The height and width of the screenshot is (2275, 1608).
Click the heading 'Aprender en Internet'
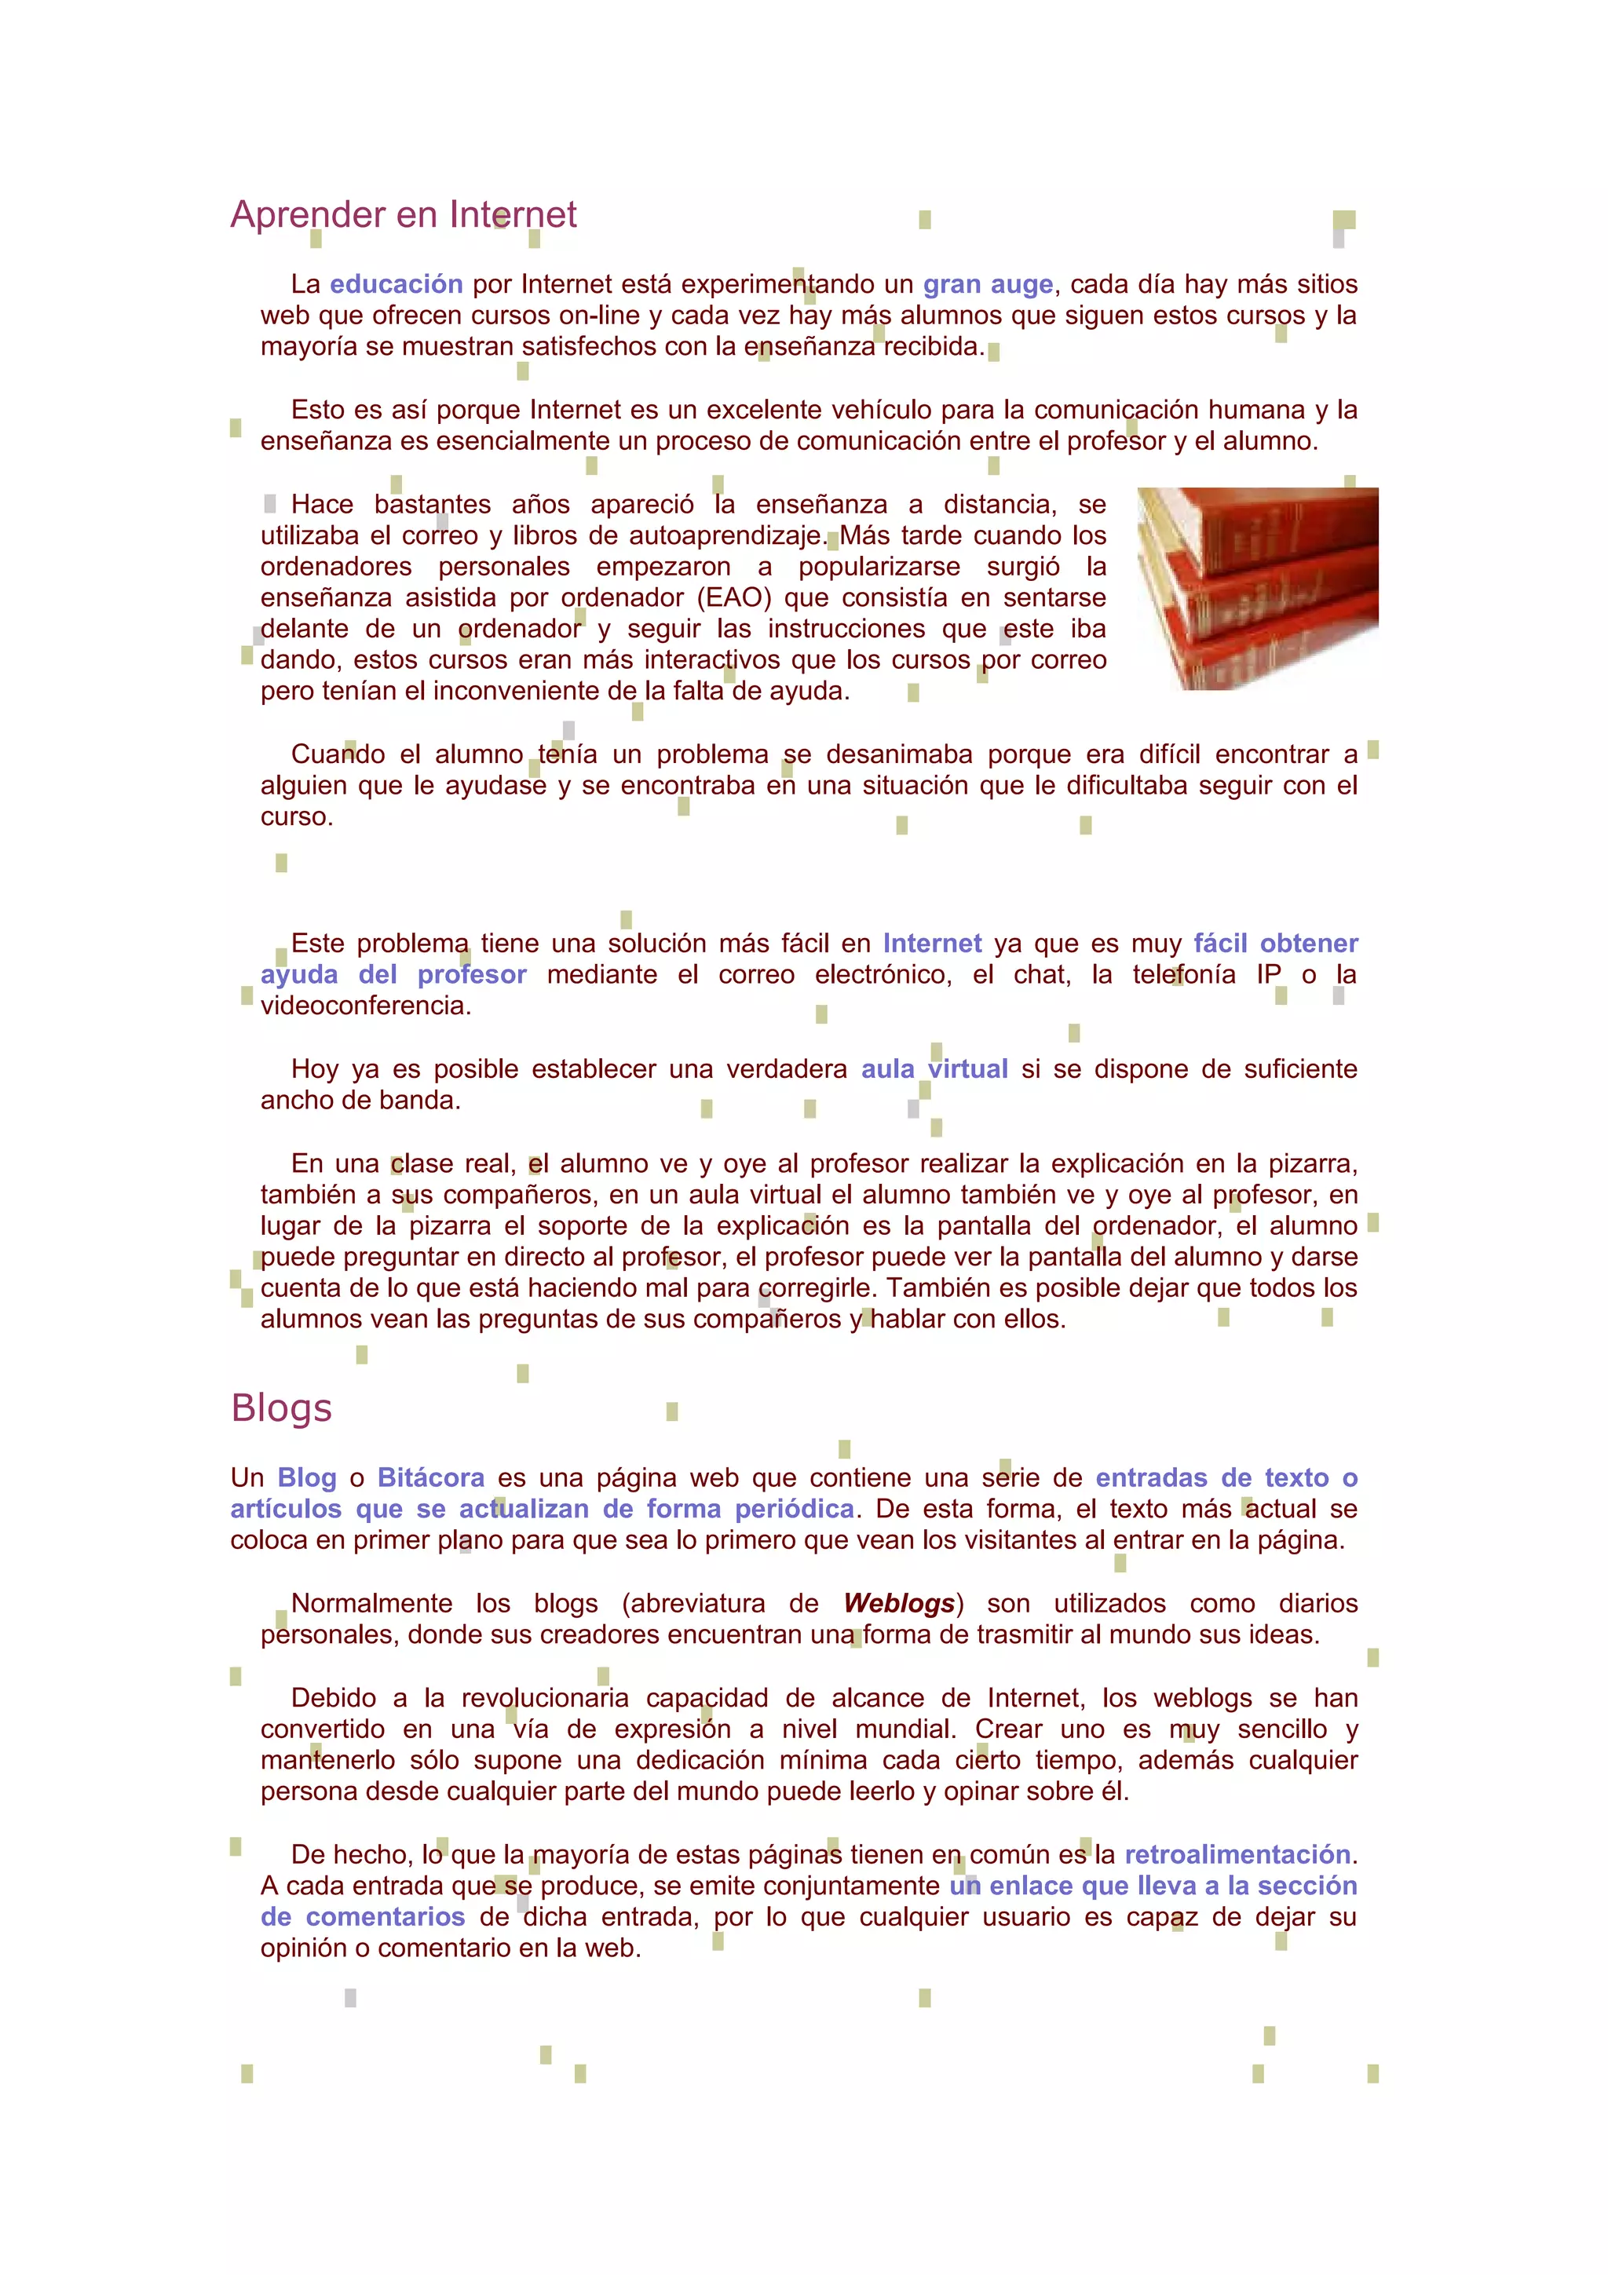404,214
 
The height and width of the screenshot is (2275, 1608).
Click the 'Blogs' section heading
280,1408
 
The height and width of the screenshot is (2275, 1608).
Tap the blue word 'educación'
397,284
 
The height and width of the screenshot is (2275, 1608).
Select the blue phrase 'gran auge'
988,284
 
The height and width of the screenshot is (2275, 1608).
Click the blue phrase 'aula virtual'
934,1069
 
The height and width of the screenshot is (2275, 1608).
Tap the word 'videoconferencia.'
366,1006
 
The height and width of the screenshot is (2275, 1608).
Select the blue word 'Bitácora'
431,1477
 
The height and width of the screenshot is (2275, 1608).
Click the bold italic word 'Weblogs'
899,1603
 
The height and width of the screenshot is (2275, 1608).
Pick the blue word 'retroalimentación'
1237,1854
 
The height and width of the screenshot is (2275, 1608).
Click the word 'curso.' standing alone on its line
296,816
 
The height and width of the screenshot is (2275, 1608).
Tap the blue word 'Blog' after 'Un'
307,1477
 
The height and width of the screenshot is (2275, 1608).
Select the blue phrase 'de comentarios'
363,1916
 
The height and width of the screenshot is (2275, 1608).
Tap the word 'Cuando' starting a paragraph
338,754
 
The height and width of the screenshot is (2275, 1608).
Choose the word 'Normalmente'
371,1603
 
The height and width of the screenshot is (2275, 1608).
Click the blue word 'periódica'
794,1508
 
